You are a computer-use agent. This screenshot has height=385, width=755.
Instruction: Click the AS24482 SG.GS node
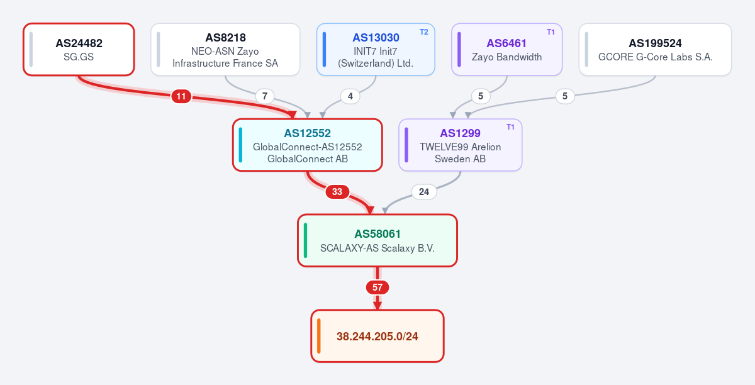point(79,50)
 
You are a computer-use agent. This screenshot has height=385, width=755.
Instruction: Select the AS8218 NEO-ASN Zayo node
point(225,50)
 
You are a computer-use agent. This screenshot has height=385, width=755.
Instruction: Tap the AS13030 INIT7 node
point(376,50)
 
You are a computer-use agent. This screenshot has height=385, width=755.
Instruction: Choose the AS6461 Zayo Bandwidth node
point(507,50)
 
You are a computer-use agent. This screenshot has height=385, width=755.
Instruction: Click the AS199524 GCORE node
point(655,50)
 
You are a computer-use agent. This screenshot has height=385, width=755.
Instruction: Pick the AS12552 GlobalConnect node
point(308,145)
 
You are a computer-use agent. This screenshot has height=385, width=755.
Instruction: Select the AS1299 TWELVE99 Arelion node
point(461,145)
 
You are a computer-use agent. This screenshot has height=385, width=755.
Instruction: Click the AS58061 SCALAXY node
point(377,240)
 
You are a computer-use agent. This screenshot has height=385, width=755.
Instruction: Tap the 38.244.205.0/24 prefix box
point(377,336)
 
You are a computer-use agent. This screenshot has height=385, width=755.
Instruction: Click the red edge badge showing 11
point(181,96)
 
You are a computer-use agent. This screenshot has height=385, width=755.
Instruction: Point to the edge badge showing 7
point(265,96)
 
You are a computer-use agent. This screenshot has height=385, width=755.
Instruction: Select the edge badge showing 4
point(350,96)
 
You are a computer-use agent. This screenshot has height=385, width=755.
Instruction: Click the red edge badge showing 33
point(337,192)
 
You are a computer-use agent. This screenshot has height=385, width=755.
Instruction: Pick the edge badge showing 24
point(424,192)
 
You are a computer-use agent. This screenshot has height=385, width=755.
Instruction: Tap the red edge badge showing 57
point(377,287)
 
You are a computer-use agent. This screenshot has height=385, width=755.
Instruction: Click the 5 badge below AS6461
point(481,96)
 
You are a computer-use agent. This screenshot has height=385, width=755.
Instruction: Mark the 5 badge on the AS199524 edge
point(565,96)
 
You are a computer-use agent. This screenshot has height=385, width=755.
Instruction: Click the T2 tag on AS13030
point(424,32)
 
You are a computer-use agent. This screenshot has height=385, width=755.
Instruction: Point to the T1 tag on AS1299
point(510,127)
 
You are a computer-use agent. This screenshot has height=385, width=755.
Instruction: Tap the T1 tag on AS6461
point(551,32)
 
